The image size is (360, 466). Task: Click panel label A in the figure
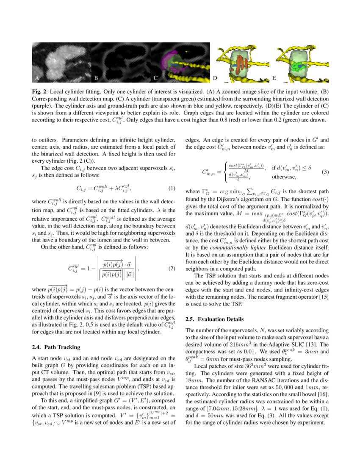coord(37,78)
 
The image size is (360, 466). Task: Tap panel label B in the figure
coord(96,78)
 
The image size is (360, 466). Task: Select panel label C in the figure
coord(155,78)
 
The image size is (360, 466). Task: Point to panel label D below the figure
coord(215,78)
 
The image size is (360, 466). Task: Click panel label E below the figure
coord(274,78)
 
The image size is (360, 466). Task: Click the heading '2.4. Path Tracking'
coord(56,347)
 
